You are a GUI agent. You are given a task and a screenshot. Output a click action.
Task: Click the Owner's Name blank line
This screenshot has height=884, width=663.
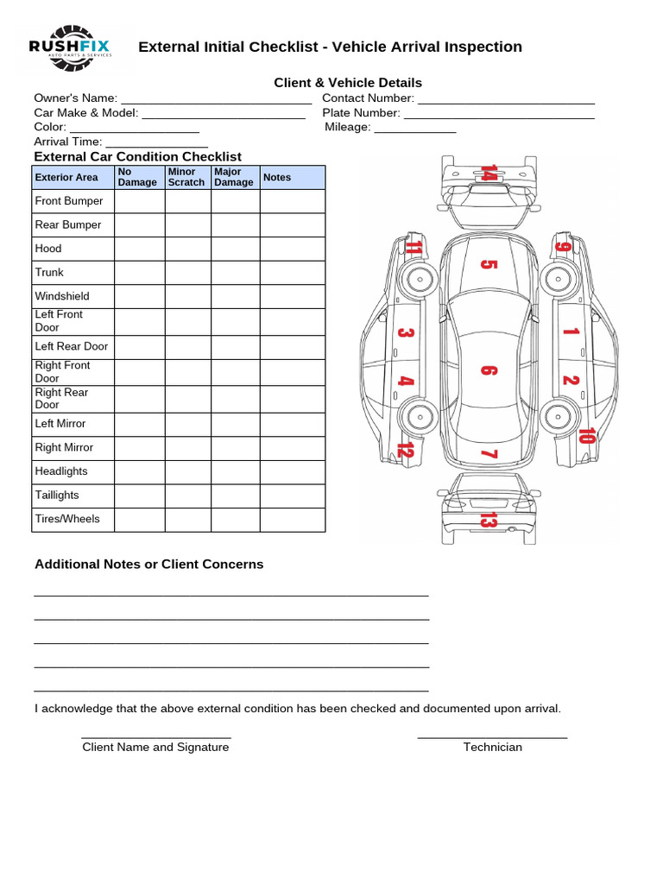point(216,104)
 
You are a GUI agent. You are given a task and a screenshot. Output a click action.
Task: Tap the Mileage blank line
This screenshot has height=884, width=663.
point(414,132)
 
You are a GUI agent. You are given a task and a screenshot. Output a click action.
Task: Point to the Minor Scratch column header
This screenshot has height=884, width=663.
point(186,178)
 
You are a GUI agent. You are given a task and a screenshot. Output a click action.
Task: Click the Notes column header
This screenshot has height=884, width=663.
point(277,178)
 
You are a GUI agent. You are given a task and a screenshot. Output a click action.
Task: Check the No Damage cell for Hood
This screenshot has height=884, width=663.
point(139,249)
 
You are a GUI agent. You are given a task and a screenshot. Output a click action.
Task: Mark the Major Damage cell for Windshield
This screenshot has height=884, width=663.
point(235,296)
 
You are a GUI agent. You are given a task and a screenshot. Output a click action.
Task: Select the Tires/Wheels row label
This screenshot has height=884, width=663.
point(67,519)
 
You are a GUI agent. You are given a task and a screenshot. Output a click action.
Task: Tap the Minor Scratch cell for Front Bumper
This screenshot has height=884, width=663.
point(187,201)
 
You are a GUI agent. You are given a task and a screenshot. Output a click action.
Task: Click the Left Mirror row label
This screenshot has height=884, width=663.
point(60,424)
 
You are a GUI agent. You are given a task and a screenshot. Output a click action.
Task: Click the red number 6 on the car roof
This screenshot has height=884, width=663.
point(488,370)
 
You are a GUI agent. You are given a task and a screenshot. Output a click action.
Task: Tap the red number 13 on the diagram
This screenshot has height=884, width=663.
point(489,520)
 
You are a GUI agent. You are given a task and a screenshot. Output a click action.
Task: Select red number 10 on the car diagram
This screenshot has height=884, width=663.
point(587,435)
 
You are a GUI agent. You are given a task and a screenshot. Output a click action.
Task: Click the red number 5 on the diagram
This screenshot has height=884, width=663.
point(488,264)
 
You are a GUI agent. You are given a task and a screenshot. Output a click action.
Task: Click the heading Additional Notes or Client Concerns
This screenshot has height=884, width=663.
point(148,565)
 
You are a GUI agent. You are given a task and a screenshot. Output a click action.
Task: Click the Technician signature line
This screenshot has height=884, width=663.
point(492,737)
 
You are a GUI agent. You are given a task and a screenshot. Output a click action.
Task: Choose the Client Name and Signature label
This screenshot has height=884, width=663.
point(155,748)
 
